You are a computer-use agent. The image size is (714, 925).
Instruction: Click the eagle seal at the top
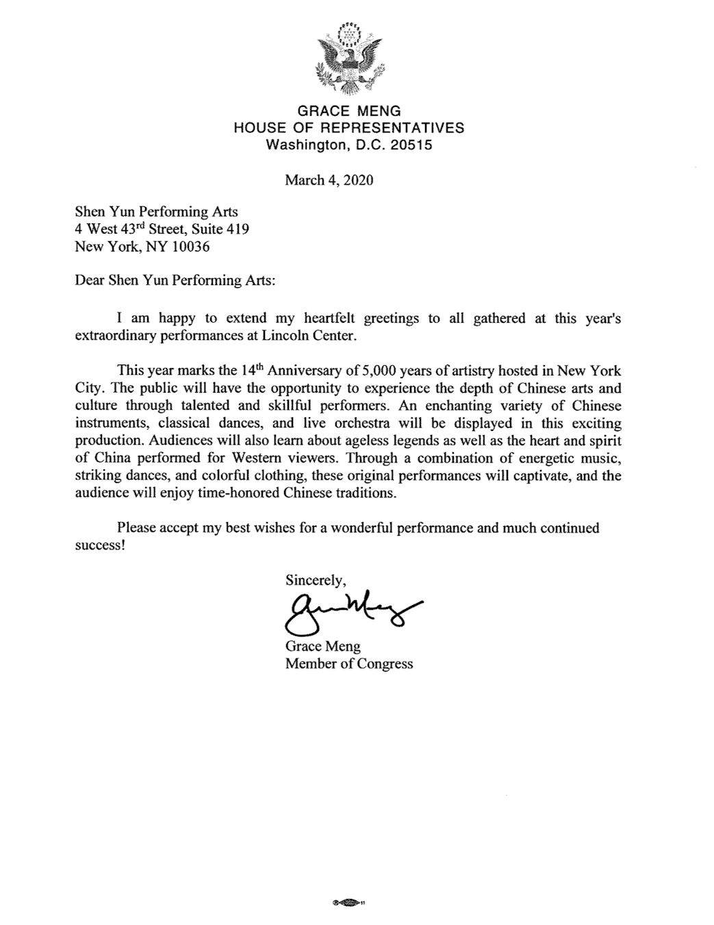pyautogui.click(x=348, y=60)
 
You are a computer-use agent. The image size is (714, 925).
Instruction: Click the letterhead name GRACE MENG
pyautogui.click(x=349, y=111)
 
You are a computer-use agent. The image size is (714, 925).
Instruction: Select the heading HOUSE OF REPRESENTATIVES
pyautogui.click(x=349, y=127)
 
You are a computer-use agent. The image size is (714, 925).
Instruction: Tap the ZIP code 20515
pyautogui.click(x=411, y=145)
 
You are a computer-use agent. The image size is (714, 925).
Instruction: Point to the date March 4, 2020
pyautogui.click(x=329, y=181)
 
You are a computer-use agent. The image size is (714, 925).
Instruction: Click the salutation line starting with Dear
pyautogui.click(x=175, y=282)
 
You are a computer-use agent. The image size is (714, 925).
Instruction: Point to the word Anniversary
pyautogui.click(x=307, y=371)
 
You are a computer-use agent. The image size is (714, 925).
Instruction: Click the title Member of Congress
pyautogui.click(x=349, y=663)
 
